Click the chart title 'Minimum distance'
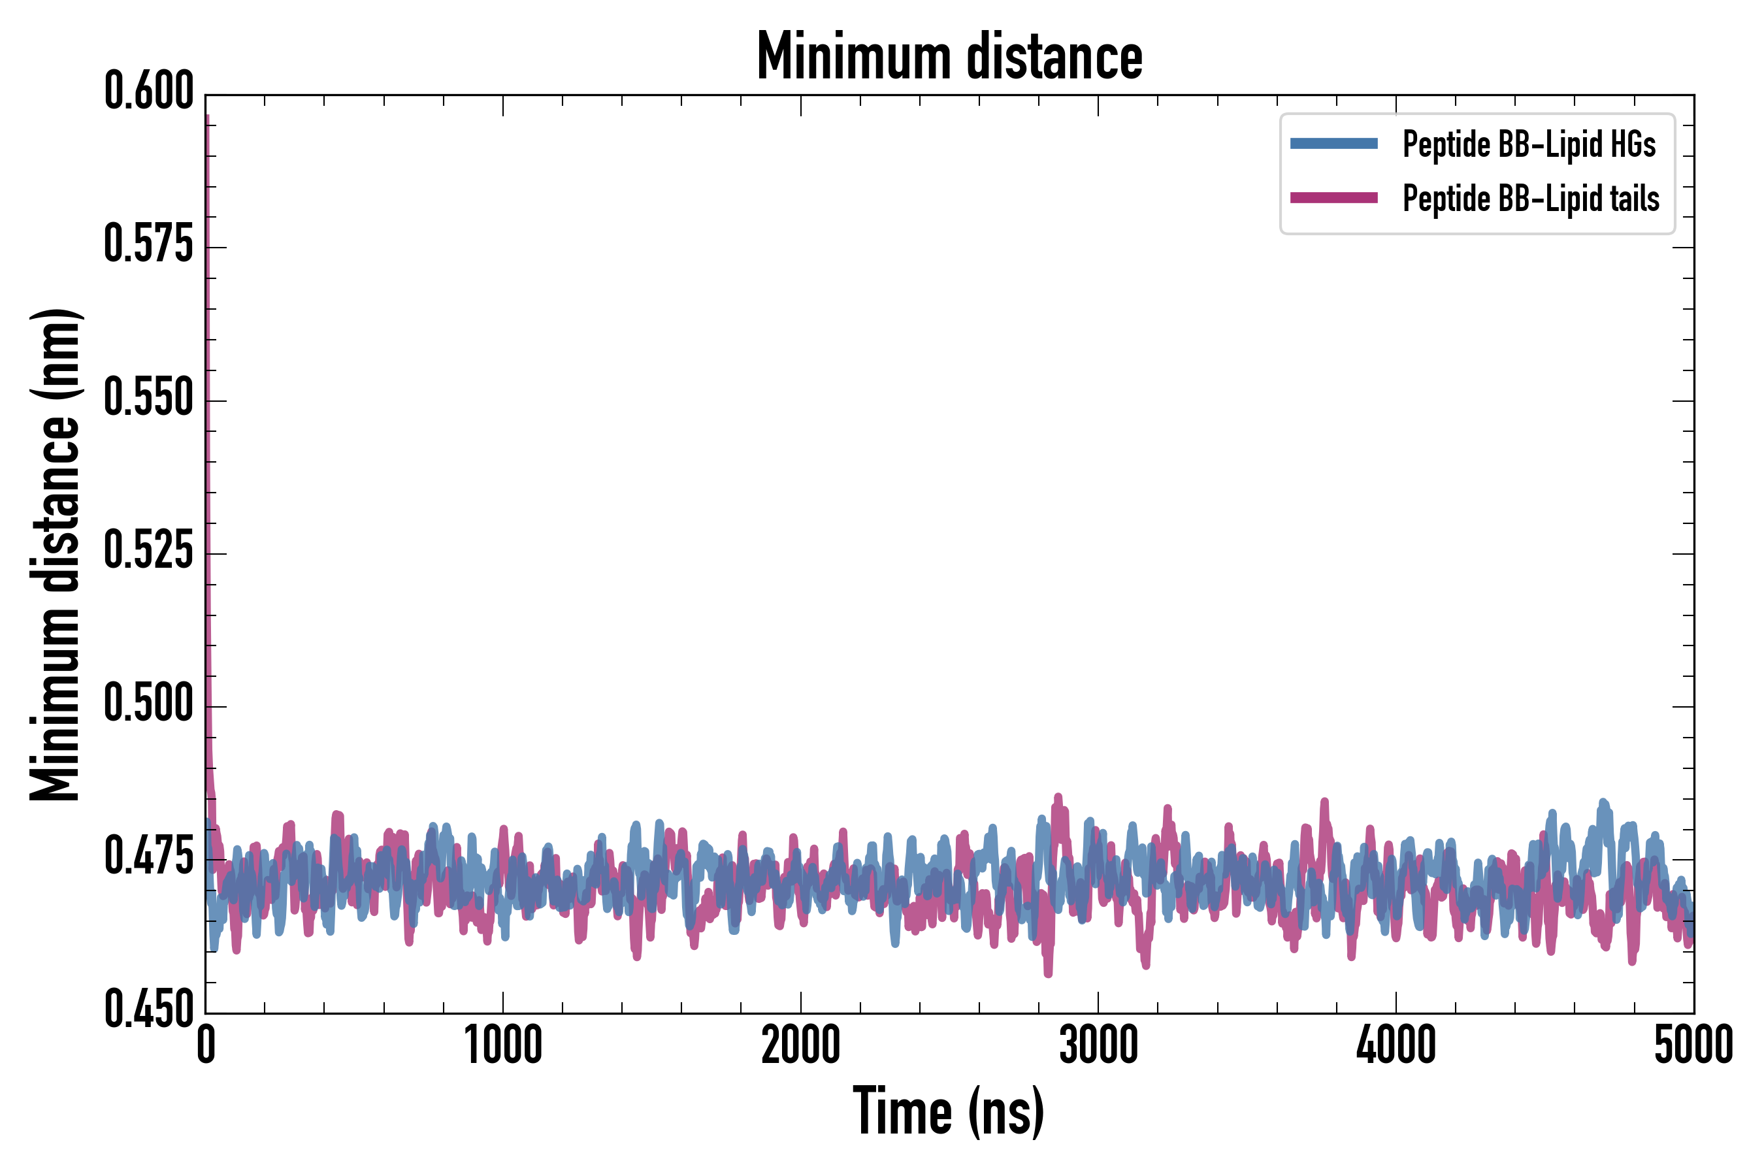(949, 56)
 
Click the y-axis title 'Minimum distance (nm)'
(55, 554)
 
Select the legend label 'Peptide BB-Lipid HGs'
(1529, 144)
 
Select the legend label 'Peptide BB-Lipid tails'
(1531, 199)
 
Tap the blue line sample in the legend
(1333, 144)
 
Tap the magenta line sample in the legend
(1333, 198)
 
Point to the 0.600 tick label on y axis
(148, 91)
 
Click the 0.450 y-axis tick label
(148, 1009)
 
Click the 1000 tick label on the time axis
(503, 1045)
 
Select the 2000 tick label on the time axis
(800, 1045)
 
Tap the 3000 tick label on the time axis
(1098, 1045)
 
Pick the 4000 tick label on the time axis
(1396, 1045)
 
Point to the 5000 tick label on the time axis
(1693, 1045)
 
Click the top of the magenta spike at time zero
(206, 117)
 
